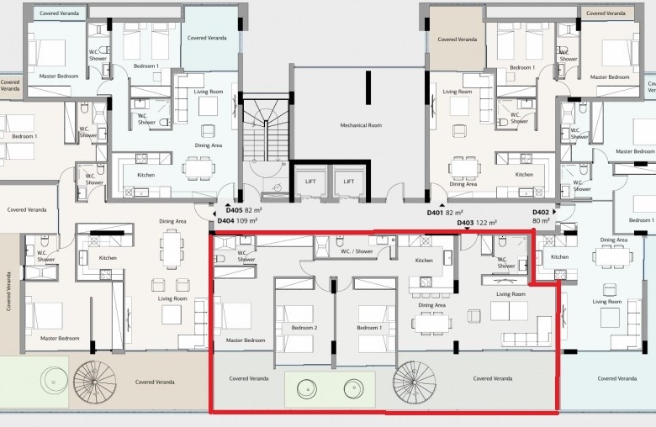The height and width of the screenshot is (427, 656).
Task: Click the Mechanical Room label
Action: click(x=361, y=125)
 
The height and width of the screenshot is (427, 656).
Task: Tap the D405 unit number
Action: click(x=234, y=210)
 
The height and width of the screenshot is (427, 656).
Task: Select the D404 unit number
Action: click(x=225, y=220)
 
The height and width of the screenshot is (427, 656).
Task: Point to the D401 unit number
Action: click(x=435, y=213)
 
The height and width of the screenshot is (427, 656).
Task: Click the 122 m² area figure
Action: click(x=487, y=223)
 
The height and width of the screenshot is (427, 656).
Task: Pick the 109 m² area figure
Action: click(x=246, y=220)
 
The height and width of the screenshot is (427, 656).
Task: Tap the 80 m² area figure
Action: click(x=541, y=220)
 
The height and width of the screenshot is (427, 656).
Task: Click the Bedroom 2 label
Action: click(x=304, y=328)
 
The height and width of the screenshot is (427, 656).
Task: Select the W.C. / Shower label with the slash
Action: click(x=357, y=251)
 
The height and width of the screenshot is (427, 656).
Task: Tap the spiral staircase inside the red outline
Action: click(x=414, y=382)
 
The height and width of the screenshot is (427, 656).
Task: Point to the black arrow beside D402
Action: click(x=554, y=212)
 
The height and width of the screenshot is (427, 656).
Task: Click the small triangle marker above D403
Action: click(x=468, y=229)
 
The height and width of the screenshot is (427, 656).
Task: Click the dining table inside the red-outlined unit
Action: click(x=431, y=323)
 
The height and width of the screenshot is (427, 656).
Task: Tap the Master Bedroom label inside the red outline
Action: click(x=246, y=340)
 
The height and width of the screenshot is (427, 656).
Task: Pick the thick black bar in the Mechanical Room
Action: click(x=368, y=87)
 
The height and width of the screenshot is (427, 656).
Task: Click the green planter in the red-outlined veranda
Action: click(x=330, y=389)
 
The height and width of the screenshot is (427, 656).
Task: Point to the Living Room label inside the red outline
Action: click(x=511, y=294)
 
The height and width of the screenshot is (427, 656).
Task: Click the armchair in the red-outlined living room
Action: click(x=474, y=316)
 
